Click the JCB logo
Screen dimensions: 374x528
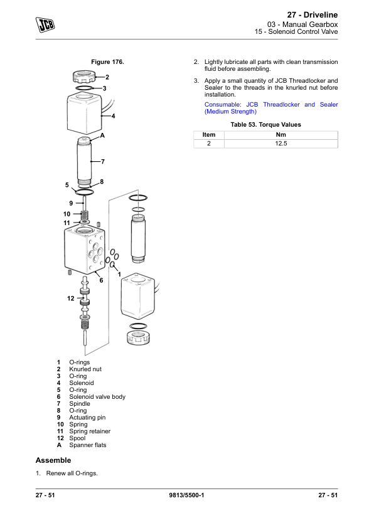pyautogui.click(x=45, y=24)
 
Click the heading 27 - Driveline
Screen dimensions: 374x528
pyautogui.click(x=313, y=15)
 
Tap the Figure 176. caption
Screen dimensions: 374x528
pyautogui.click(x=107, y=62)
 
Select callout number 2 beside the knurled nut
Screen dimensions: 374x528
pyautogui.click(x=107, y=77)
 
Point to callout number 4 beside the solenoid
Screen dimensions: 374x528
pyautogui.click(x=113, y=116)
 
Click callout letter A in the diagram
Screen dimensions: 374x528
pyautogui.click(x=102, y=135)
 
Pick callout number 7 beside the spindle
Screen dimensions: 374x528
pyautogui.click(x=103, y=162)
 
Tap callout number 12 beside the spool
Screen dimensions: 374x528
pyautogui.click(x=70, y=298)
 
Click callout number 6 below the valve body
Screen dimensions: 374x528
pyautogui.click(x=101, y=280)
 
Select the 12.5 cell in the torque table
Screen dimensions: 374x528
pyautogui.click(x=281, y=144)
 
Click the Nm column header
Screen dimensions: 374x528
pyautogui.click(x=281, y=135)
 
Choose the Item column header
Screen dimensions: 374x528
pyautogui.click(x=209, y=135)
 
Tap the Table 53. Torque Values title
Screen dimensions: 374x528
pyautogui.click(x=266, y=125)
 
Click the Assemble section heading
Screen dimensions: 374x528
pyautogui.click(x=53, y=460)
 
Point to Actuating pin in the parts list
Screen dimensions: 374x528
pyautogui.click(x=87, y=418)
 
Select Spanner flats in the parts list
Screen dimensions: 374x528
pyautogui.click(x=88, y=445)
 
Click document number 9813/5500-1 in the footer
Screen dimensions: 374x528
pyautogui.click(x=186, y=495)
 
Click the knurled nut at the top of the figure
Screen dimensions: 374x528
pyautogui.click(x=84, y=77)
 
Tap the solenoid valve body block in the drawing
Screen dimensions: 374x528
pyautogui.click(x=85, y=249)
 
